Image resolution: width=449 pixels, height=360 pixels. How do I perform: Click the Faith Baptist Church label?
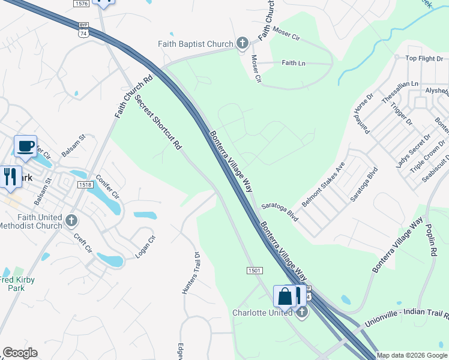click(x=195, y=44)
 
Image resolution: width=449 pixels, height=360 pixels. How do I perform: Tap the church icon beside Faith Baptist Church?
click(x=242, y=43)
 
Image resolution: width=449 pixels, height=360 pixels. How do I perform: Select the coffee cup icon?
click(x=25, y=147)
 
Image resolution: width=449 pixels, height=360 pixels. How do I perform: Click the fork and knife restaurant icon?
click(x=10, y=177)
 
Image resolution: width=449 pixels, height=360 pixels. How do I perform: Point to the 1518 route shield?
click(x=85, y=185)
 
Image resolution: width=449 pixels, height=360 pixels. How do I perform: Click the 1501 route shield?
click(x=255, y=271)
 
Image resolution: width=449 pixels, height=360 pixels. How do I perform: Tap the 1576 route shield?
click(x=81, y=4)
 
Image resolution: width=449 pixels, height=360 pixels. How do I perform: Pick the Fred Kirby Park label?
click(x=17, y=284)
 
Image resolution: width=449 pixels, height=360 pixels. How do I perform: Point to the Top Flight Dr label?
click(x=424, y=58)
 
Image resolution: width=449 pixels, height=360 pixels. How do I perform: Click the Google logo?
click(x=20, y=353)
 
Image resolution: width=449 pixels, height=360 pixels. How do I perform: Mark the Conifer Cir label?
click(x=112, y=187)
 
